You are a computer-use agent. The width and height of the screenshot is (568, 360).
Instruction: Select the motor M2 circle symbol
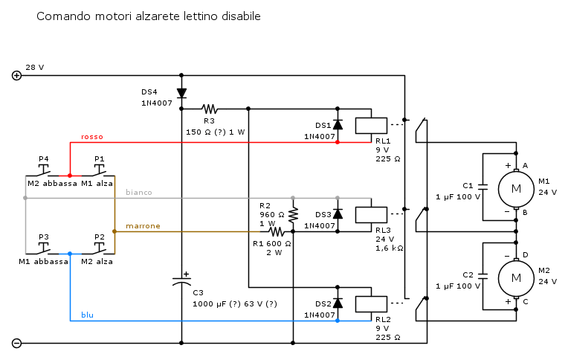click(515, 277)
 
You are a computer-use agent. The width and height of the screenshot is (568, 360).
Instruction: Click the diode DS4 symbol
click(181, 93)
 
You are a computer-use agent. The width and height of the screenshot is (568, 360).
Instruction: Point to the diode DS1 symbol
click(338, 125)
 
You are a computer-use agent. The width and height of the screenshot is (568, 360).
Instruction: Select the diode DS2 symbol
click(338, 303)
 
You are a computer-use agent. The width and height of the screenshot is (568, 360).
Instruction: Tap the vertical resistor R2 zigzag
click(293, 214)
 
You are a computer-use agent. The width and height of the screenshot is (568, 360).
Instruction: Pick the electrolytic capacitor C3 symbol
click(181, 282)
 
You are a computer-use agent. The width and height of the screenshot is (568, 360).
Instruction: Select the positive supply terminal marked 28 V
click(17, 75)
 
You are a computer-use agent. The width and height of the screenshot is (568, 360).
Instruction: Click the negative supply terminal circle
click(17, 343)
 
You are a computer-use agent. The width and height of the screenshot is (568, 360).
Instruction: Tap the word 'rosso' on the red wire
click(92, 137)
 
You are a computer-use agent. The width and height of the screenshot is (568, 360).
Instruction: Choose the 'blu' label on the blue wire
click(87, 315)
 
